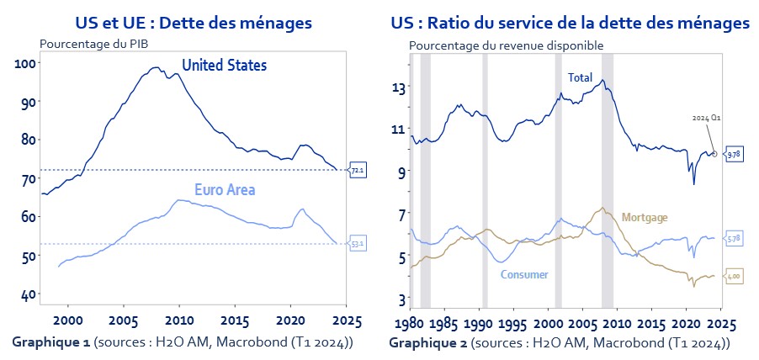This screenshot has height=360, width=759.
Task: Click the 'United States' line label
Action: tap(224, 65)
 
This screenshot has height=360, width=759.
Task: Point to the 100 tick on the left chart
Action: tap(24, 63)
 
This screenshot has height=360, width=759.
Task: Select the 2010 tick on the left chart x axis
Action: tap(178, 321)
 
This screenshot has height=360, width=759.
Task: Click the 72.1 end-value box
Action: tap(357, 171)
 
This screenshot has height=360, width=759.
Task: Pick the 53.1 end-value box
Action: tap(357, 245)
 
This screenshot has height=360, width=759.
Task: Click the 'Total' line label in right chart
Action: tap(580, 77)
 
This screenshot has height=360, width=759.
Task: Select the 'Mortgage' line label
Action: tap(644, 218)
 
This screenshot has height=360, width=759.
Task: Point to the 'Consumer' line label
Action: tap(524, 274)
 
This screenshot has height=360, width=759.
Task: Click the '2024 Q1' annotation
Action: tap(702, 119)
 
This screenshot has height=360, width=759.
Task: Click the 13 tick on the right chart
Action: tap(398, 87)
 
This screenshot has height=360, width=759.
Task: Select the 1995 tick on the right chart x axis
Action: tap(514, 325)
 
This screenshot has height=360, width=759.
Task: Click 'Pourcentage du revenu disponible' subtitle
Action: tap(506, 45)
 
